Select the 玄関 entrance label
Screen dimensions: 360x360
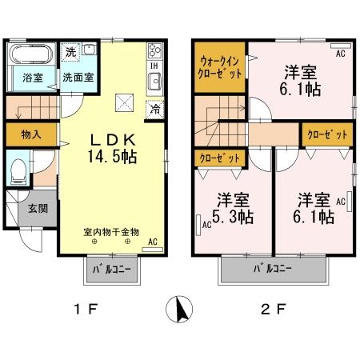click(37, 208)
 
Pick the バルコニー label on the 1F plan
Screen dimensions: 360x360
click(110, 269)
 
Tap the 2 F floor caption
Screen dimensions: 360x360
click(273, 309)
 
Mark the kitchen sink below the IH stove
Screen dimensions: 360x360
click(154, 81)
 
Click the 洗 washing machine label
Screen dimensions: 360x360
click(70, 51)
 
